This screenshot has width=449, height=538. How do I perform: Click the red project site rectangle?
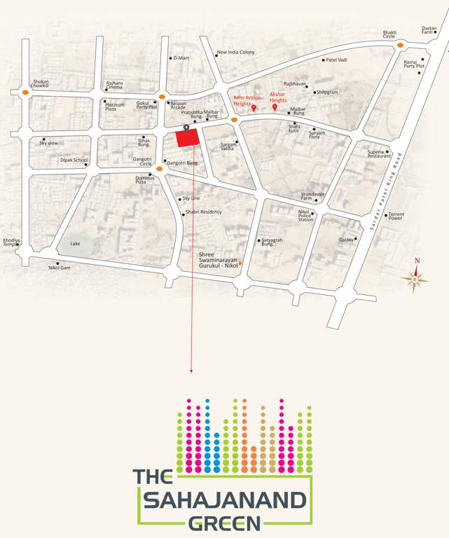pos(186,139)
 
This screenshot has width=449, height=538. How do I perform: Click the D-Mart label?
pos(181,58)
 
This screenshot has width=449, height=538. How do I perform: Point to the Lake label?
pos(75,244)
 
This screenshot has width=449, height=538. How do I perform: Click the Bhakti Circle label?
pos(389,34)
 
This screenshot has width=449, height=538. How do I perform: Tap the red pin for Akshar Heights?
pos(275,108)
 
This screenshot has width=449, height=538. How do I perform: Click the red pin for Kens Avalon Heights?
pos(254,108)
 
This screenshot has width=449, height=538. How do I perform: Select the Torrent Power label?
pos(396,216)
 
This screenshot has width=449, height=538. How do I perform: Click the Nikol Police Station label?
pos(305,215)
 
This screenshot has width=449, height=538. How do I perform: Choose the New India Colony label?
pos(235,53)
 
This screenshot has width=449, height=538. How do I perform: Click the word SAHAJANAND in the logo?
pos(225,501)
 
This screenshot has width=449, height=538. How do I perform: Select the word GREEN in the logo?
pos(224,523)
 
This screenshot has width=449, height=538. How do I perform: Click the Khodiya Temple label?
pos(11,242)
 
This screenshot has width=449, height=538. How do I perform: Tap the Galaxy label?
pos(346,240)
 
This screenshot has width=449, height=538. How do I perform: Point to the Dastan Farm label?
pos(429,30)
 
